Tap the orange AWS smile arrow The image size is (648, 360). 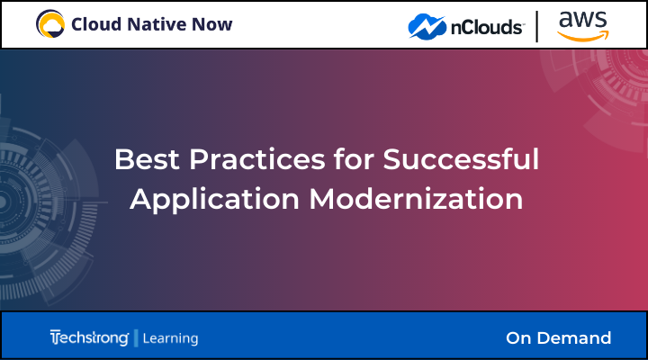[x=582, y=35]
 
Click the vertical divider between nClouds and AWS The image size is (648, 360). [x=538, y=25]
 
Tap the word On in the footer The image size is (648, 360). [x=519, y=338]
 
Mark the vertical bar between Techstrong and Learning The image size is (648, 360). [x=136, y=338]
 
